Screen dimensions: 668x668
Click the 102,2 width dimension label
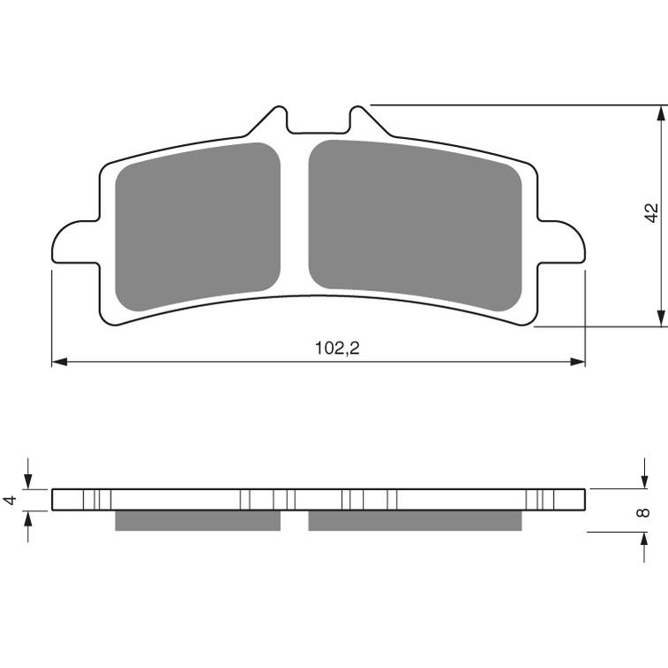337,349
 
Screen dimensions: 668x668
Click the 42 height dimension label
651,213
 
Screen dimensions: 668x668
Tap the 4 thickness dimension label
11,500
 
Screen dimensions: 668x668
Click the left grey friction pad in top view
197,227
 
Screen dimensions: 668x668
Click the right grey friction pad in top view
415,225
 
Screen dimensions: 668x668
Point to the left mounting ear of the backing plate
76,242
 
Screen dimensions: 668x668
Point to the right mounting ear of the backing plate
561,242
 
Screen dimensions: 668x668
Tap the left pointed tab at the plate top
268,121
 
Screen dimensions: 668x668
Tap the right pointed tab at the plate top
369,121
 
